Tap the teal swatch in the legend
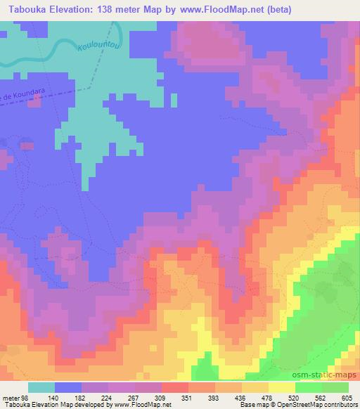coord(41,388)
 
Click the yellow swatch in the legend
coord(281,388)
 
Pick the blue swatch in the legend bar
coord(68,388)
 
